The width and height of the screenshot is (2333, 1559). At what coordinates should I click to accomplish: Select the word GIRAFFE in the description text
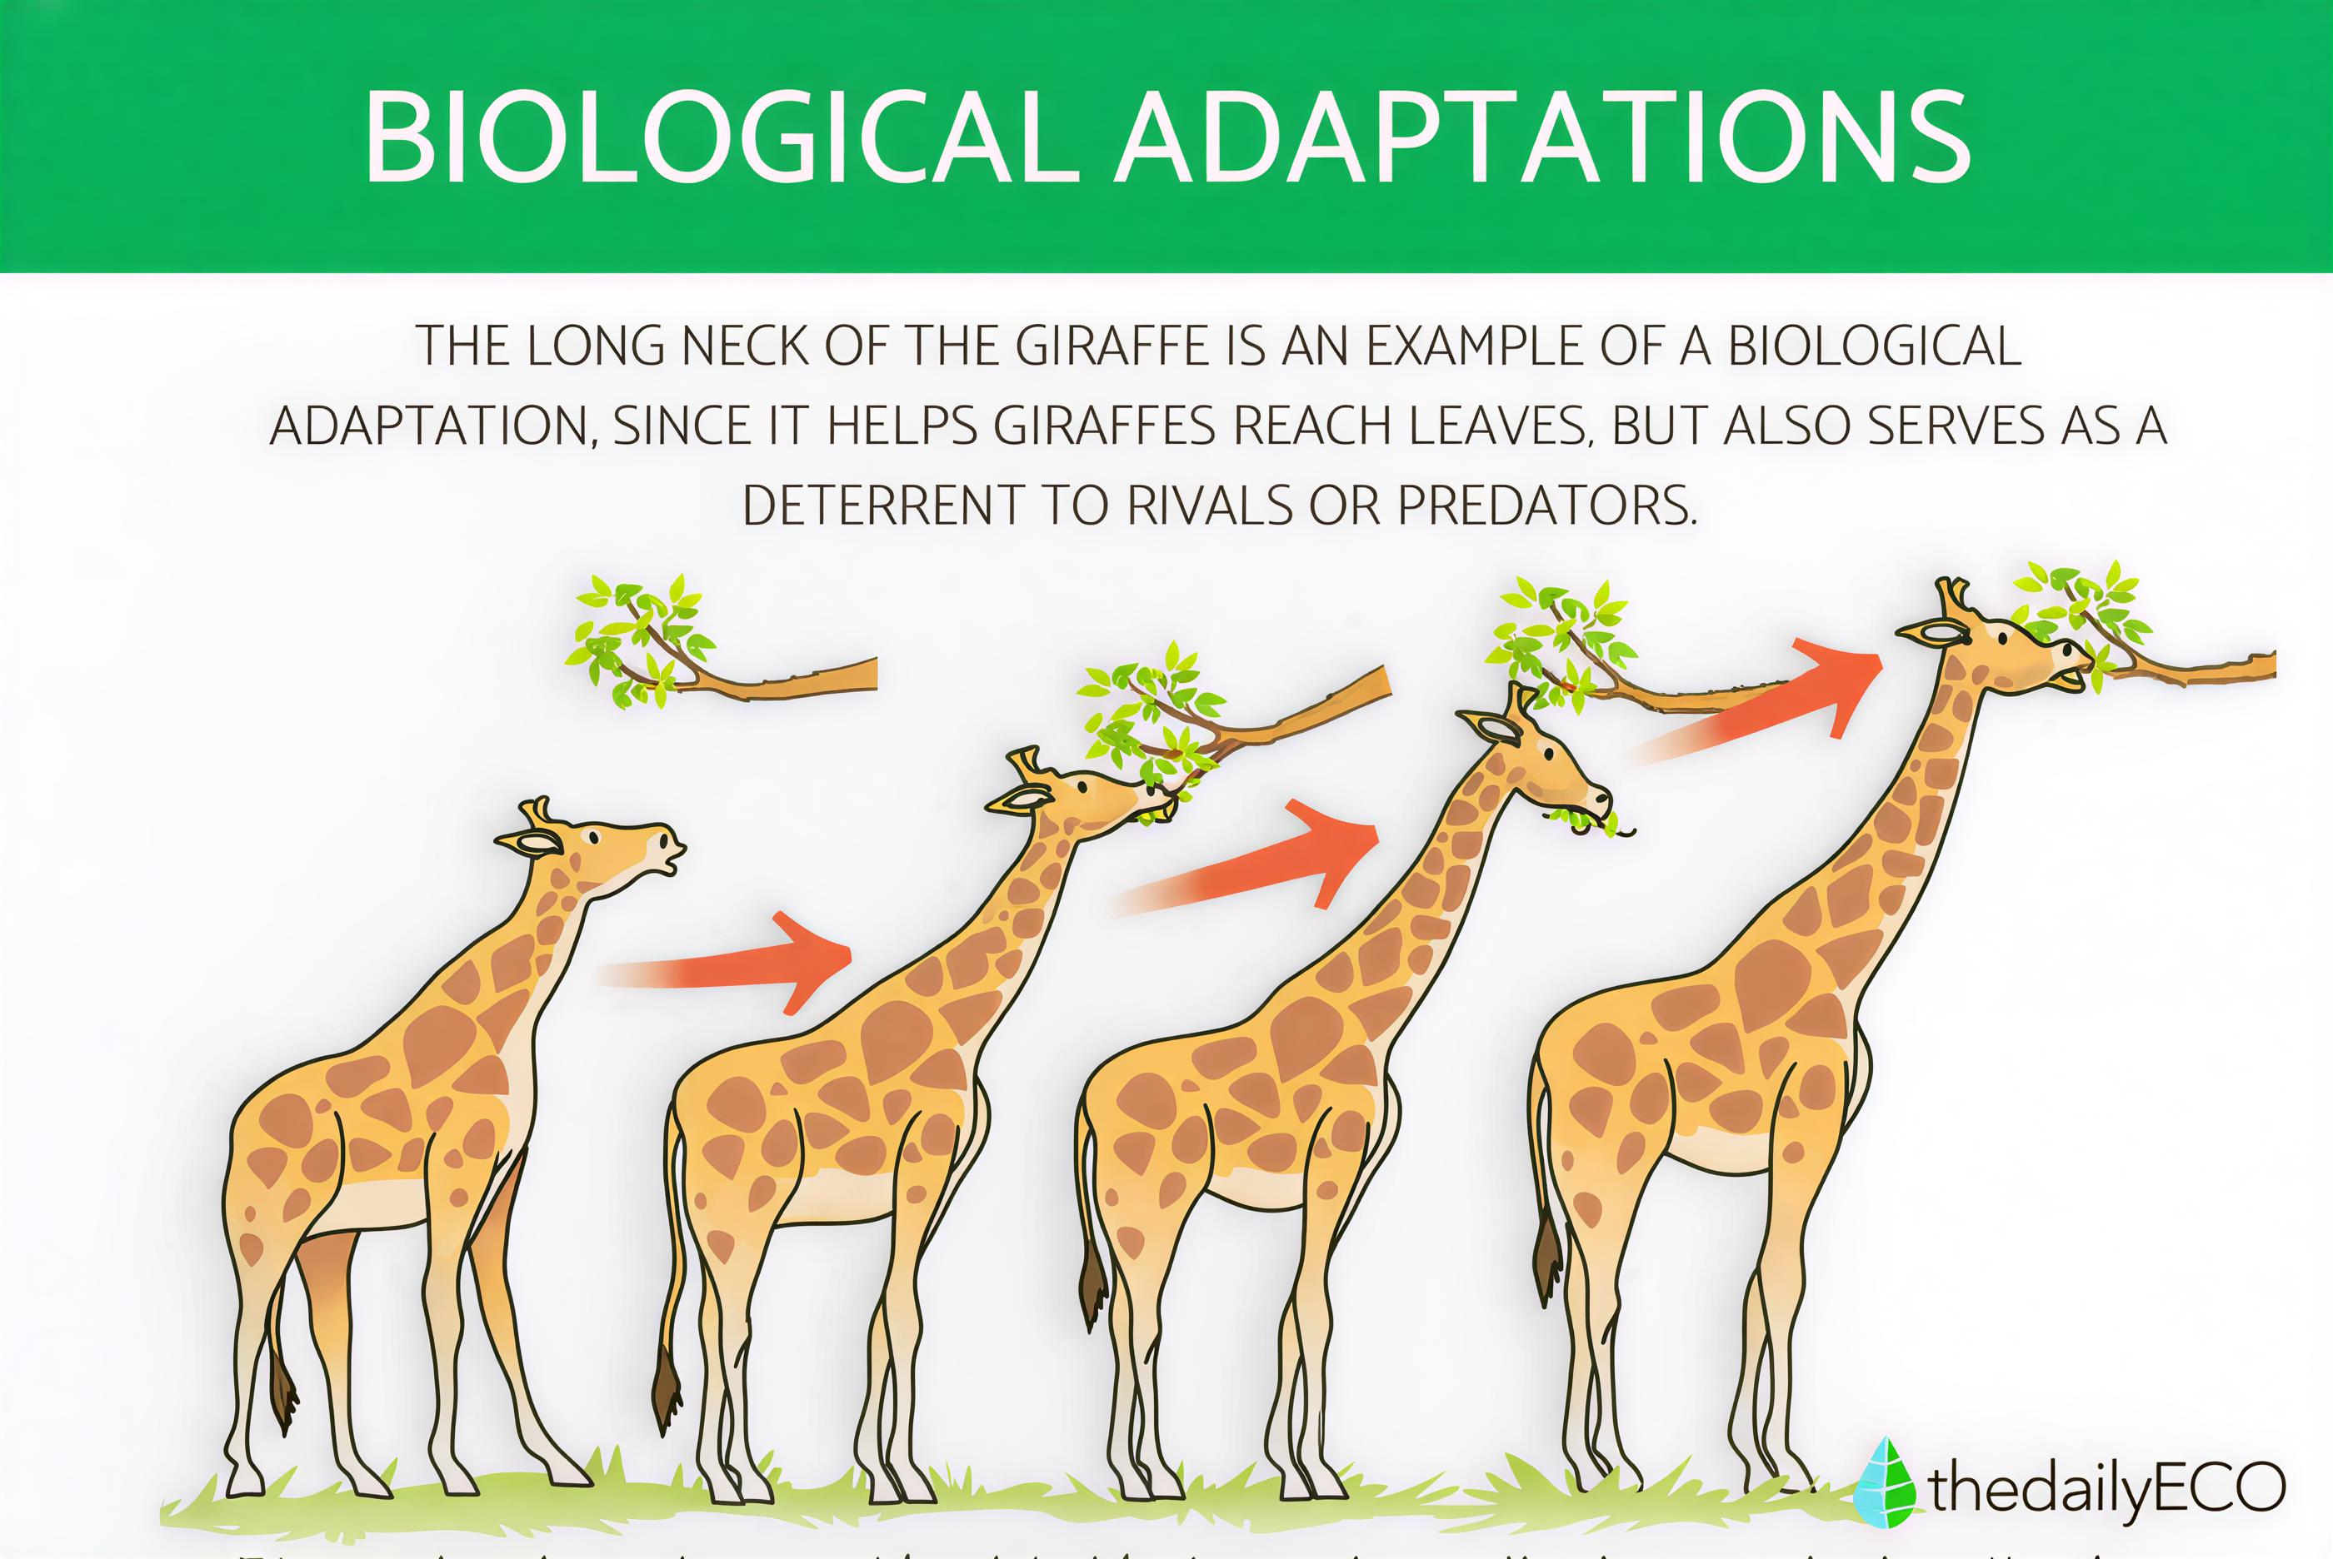click(x=1108, y=347)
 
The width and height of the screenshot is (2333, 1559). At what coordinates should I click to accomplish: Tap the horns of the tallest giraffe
click(x=1951, y=596)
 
